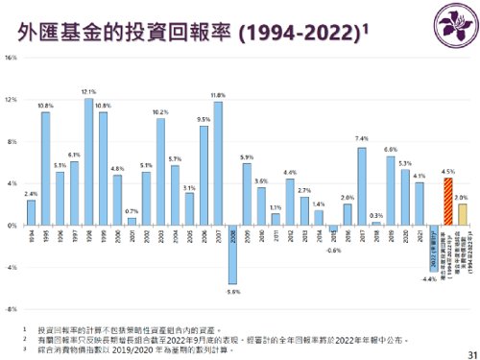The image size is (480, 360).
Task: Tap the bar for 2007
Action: (x=218, y=163)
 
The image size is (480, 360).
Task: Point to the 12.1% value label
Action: (x=88, y=92)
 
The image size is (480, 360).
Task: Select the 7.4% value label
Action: (x=362, y=139)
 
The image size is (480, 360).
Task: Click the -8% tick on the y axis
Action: (x=11, y=283)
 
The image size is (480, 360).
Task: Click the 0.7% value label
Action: (x=132, y=211)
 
